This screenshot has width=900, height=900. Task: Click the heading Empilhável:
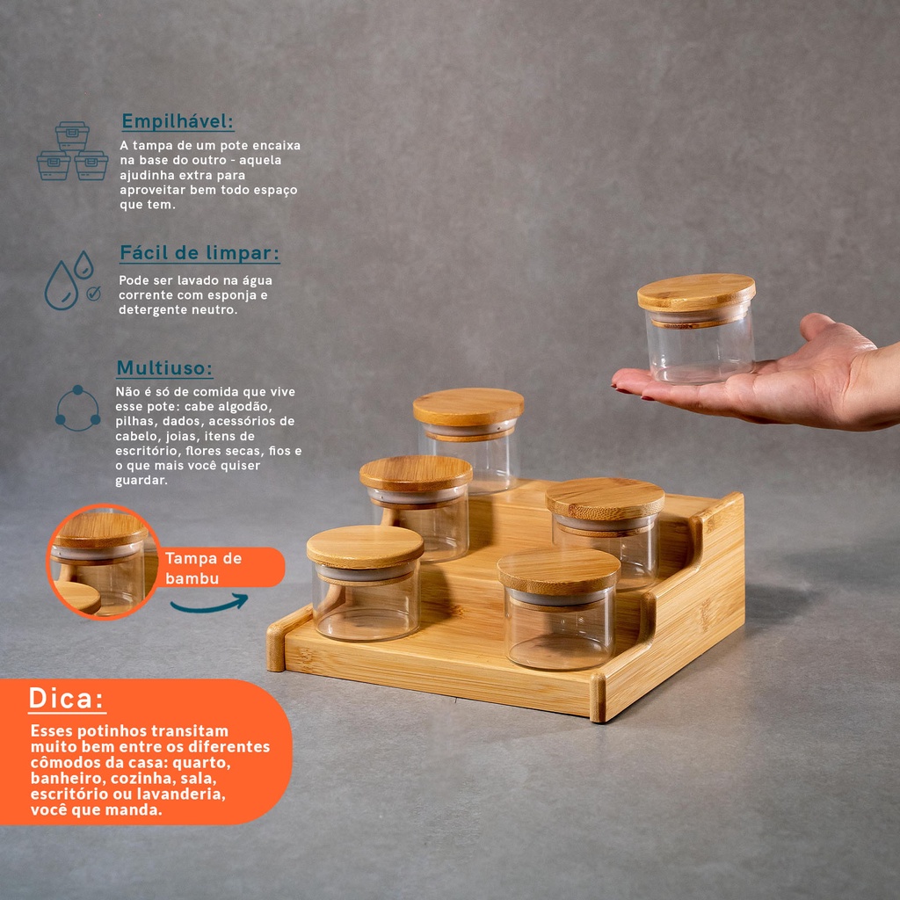pos(178,121)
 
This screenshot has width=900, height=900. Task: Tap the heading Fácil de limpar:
pos(200,253)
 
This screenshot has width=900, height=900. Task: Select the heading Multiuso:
pos(164,368)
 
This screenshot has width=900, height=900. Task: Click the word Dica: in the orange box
pos(67,698)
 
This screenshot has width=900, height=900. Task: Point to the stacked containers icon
pos(72,151)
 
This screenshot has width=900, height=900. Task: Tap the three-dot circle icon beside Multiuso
pos(78,408)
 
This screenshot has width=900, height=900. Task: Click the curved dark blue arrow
pos(209,605)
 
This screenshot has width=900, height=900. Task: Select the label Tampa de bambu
pos(203,569)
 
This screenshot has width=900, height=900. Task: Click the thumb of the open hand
pos(833,332)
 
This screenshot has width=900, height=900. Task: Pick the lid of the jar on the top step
pos(468,407)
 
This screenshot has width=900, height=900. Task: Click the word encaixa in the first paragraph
pos(277,146)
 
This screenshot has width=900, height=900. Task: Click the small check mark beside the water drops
pos(93,294)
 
